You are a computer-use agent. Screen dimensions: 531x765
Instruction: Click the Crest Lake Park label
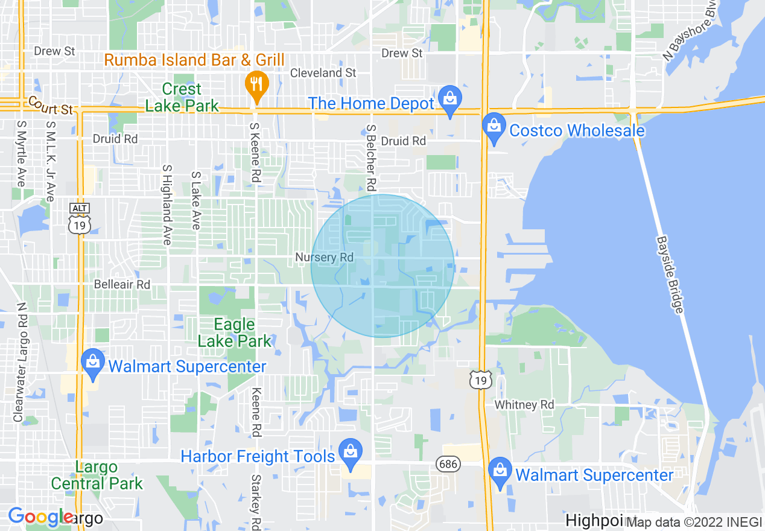coord(182,97)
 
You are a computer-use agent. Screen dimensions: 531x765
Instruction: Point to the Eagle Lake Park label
coord(235,333)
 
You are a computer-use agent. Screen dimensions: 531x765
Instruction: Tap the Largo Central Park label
coord(97,475)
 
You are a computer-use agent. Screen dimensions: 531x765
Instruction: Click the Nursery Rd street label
coord(324,258)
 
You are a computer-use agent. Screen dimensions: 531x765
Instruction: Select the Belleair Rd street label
coord(122,284)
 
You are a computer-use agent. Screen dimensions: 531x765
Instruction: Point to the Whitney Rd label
coord(524,404)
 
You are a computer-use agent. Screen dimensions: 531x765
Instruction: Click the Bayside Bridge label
coord(670,275)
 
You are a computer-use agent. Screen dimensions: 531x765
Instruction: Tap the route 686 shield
coord(448,463)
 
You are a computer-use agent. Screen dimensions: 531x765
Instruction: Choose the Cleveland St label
coord(323,72)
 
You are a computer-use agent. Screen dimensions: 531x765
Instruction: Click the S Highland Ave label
coord(167,205)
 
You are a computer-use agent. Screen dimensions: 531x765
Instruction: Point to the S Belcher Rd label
coord(370,156)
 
